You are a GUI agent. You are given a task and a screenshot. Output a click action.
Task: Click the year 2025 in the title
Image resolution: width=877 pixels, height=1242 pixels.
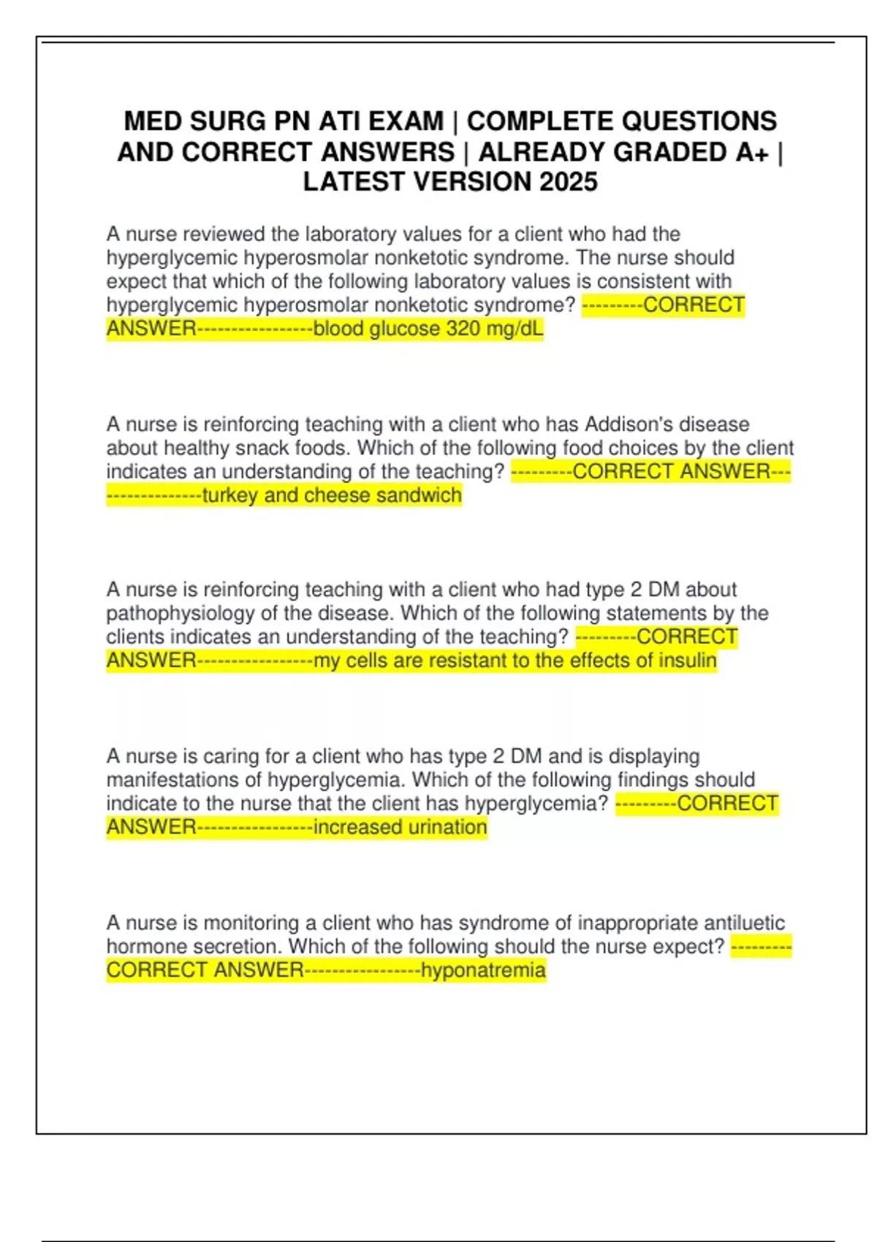(x=568, y=182)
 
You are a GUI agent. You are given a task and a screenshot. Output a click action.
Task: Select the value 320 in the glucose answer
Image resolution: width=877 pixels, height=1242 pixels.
(x=463, y=329)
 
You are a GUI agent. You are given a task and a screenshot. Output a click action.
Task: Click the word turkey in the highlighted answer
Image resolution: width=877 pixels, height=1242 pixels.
(x=229, y=495)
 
